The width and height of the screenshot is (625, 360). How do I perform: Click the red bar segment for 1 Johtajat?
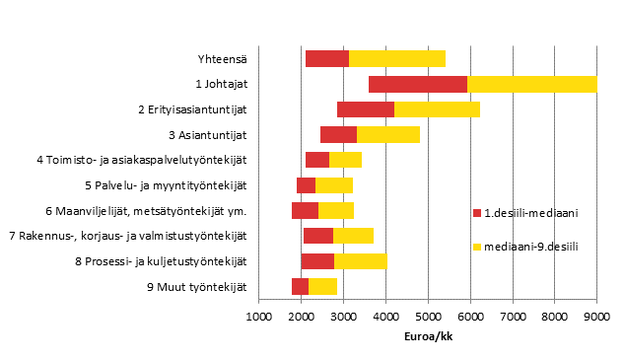tap(418, 84)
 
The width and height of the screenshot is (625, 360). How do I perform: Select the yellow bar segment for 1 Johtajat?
tap(531, 84)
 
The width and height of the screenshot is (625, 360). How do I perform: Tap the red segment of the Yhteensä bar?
tap(327, 58)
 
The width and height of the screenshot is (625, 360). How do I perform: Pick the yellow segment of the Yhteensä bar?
tap(397, 58)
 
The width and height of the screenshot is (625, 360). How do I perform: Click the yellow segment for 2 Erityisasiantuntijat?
tap(437, 109)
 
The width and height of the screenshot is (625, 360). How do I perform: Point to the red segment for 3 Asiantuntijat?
tap(338, 134)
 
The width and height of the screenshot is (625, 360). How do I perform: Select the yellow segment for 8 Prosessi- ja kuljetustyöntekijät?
tap(361, 261)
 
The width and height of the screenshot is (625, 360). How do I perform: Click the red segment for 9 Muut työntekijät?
tap(300, 287)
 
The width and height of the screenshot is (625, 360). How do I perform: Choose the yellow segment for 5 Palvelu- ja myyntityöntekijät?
tap(334, 185)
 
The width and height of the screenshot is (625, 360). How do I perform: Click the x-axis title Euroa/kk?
tap(427, 335)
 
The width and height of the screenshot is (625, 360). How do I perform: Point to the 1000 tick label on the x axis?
tap(258, 316)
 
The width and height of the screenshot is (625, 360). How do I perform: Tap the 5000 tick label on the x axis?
tap(428, 316)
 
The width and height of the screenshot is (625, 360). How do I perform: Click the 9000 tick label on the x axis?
tap(596, 316)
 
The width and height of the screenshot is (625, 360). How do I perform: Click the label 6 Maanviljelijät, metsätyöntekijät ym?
tap(146, 211)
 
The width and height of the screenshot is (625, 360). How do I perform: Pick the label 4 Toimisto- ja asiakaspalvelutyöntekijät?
tap(141, 160)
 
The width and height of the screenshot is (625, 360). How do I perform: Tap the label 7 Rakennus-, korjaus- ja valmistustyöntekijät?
tap(127, 237)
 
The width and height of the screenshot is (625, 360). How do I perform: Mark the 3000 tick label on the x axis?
tap(343, 316)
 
